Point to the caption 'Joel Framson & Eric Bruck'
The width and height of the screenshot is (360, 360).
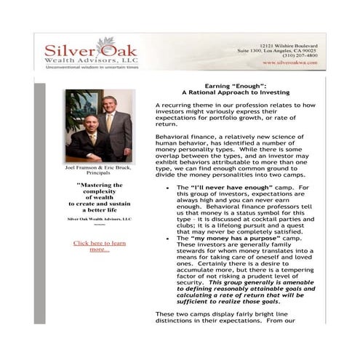pos(99,167)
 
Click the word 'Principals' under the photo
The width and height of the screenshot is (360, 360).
pos(99,173)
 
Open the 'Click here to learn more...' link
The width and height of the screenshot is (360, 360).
pos(99,246)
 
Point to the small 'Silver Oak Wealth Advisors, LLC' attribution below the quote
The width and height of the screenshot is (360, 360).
pos(99,218)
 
